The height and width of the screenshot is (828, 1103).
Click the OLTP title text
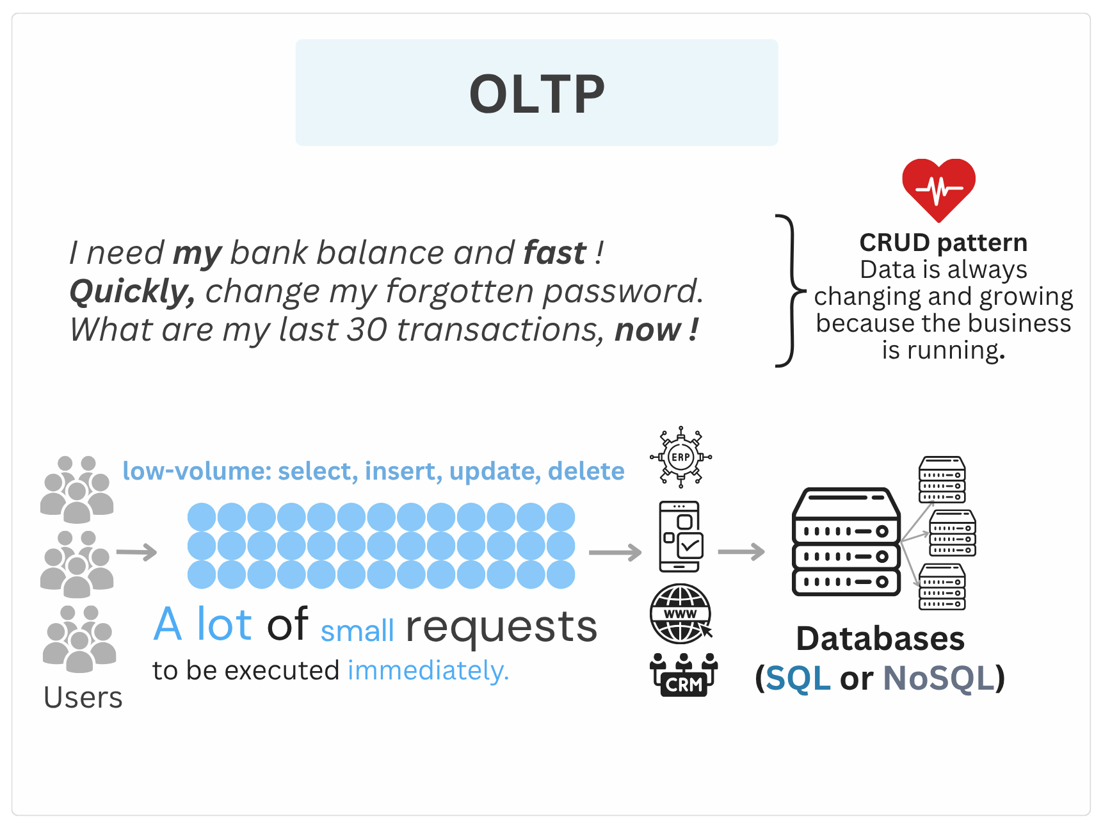pos(536,93)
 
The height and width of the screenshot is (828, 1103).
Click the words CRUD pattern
pos(943,243)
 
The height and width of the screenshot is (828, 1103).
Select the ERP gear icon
pos(680,457)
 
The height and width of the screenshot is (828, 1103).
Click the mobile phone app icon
pos(681,537)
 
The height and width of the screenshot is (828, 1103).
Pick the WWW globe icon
pos(681,614)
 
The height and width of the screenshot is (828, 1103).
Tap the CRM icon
pos(684,675)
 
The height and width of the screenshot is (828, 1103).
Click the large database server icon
pos(846,542)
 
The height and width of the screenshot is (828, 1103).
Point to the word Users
pos(83,697)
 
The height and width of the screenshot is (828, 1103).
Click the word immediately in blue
pos(428,670)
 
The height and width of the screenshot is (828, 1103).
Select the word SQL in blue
pos(798,678)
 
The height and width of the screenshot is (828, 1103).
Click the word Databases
pos(880,638)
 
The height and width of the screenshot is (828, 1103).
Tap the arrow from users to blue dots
pos(136,552)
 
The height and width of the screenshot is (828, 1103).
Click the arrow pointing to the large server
pos(741,551)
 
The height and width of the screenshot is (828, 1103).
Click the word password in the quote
pos(622,292)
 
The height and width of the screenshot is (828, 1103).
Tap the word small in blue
pos(357,631)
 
